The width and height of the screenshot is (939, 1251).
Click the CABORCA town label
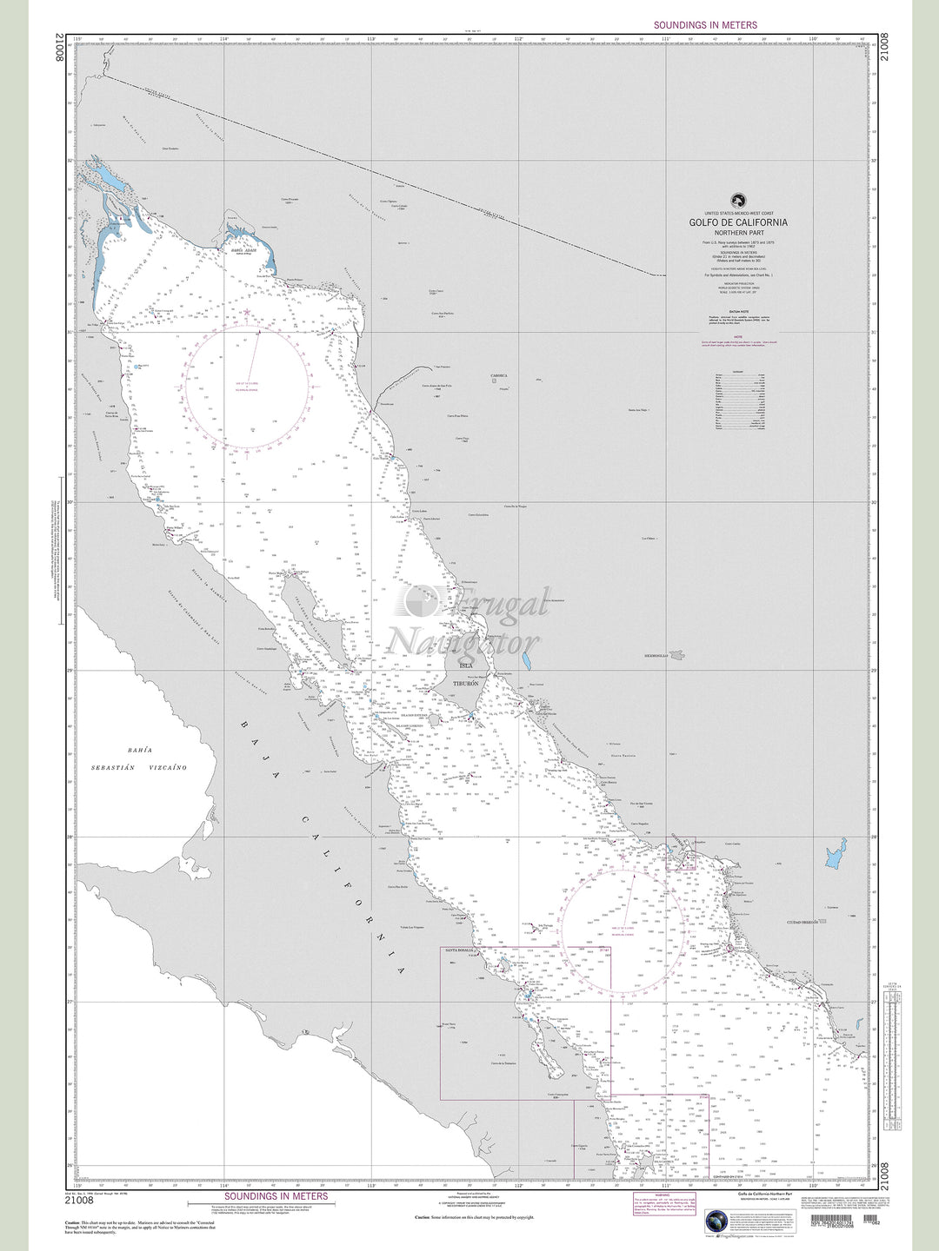[498, 376]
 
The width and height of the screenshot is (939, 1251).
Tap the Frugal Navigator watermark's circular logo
[422, 601]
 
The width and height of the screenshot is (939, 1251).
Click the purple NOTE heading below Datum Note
[738, 335]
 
